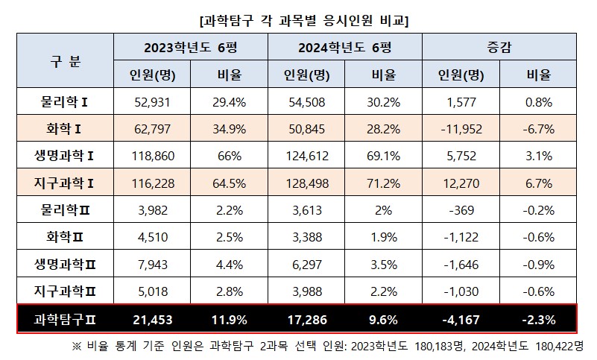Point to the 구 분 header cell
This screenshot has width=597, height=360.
[66, 60]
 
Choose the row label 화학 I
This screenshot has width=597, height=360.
[66, 129]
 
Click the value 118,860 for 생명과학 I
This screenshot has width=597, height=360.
[152, 156]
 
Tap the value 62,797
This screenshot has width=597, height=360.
[152, 129]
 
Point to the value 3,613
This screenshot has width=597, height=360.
[306, 210]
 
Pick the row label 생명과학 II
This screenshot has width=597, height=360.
[66, 265]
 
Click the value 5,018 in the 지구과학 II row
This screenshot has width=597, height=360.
[152, 291]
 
